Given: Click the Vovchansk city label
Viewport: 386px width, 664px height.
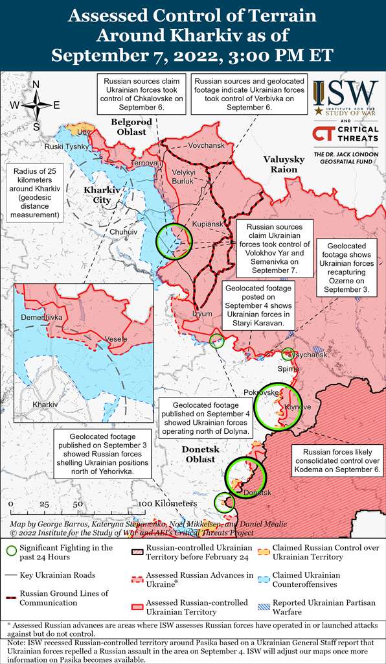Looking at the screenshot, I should [206, 145].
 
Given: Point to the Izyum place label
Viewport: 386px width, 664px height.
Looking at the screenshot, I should [202, 314].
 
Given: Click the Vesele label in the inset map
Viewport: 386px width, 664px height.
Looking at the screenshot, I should [116, 339].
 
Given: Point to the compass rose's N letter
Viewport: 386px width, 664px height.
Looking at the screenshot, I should [36, 84].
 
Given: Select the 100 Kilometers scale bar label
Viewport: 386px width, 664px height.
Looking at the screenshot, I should [166, 503].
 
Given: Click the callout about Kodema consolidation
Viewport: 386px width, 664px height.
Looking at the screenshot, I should [338, 460].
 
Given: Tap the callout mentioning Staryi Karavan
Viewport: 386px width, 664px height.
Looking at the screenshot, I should [259, 305].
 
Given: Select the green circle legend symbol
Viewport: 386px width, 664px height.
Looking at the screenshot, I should [10, 551].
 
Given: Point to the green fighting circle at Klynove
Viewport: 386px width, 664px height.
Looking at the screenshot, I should [278, 407].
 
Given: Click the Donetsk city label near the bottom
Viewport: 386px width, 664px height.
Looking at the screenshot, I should [257, 493].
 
